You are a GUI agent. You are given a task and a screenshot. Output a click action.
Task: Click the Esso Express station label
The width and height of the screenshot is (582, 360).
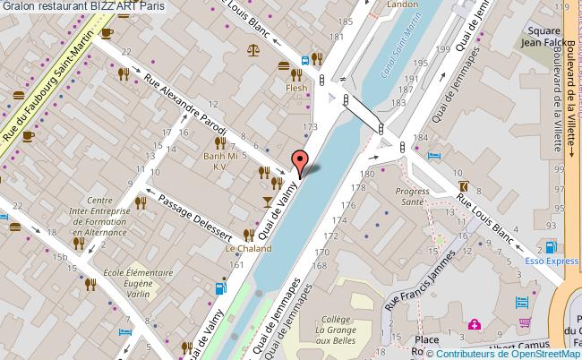coord(549,262)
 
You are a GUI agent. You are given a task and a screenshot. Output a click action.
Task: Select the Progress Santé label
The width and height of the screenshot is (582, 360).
coord(414,196)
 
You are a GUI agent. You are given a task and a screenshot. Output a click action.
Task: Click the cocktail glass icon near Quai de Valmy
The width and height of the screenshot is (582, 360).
coord(266,201)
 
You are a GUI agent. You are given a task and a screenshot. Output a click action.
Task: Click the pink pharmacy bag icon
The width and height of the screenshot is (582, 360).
coord(475,324)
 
